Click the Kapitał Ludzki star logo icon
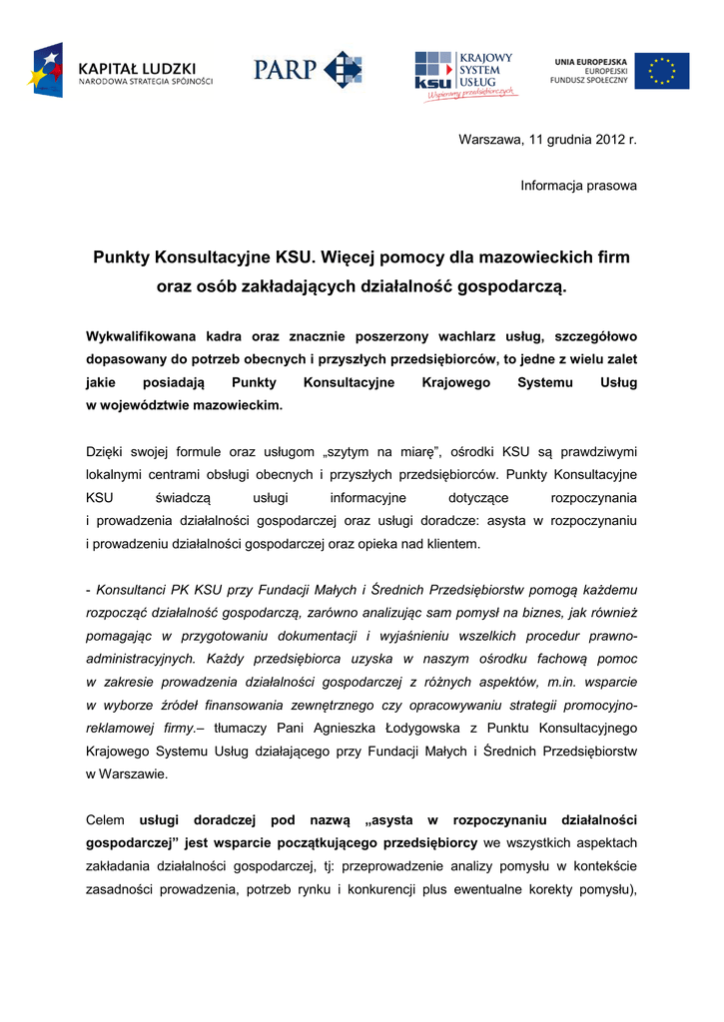click(x=48, y=70)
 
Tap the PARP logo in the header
click(x=308, y=70)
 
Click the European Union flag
click(x=661, y=71)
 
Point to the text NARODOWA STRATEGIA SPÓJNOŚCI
click(x=146, y=81)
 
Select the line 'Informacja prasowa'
click(x=578, y=186)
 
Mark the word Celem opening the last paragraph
click(x=106, y=819)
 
